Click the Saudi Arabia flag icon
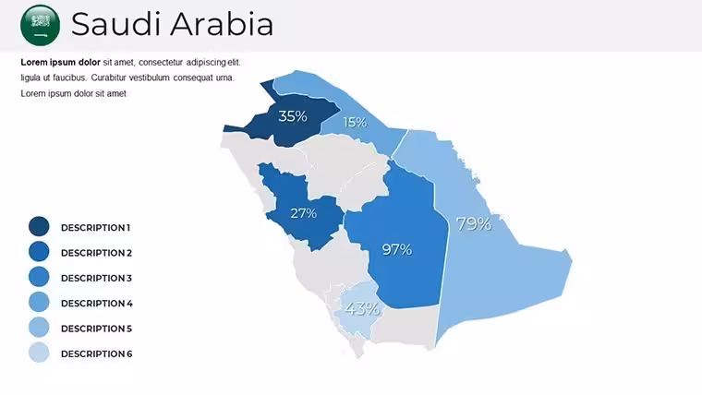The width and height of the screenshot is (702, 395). tap(41, 25)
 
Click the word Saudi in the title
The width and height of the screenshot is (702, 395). tap(113, 24)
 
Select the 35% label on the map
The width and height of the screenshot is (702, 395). tap(293, 116)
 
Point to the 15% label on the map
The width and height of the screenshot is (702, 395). tap(355, 122)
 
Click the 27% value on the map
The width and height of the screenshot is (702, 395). tap(304, 213)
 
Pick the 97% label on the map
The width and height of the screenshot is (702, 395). tap(397, 249)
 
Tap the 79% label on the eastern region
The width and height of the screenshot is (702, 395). tap(474, 223)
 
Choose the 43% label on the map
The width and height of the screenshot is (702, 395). tap(362, 308)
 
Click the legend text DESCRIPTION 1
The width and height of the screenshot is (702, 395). tap(95, 228)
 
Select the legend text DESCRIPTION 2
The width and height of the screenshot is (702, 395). tap(96, 253)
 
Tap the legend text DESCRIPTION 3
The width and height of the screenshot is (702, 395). tap(96, 278)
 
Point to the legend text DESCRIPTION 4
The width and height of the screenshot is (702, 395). tap(97, 304)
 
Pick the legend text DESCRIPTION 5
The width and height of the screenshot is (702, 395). tap(96, 329)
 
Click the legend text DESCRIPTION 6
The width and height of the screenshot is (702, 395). tap(97, 353)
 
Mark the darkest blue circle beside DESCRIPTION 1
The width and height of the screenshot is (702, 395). tap(39, 226)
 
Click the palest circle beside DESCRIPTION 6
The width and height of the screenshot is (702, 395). tap(39, 353)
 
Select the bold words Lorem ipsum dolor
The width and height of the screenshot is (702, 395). tap(60, 62)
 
